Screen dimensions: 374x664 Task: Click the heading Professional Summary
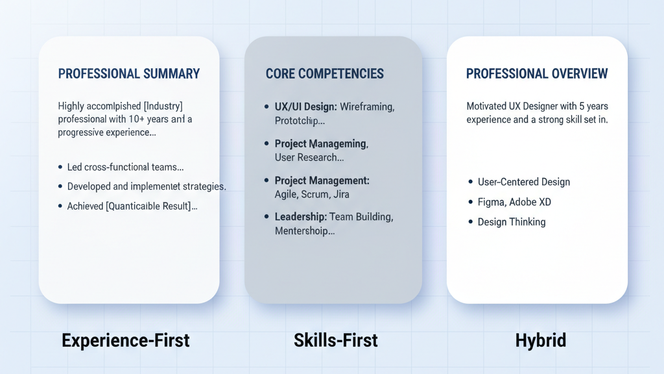(x=129, y=74)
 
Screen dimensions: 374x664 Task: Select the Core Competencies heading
(x=324, y=74)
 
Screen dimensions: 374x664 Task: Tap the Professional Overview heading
(x=537, y=74)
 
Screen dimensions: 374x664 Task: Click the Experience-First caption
(x=126, y=340)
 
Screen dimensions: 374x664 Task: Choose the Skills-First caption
(x=335, y=340)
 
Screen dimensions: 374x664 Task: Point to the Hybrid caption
(x=540, y=340)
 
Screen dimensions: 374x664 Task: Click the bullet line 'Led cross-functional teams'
(x=125, y=167)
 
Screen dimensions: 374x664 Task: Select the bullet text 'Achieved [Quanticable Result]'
(x=132, y=206)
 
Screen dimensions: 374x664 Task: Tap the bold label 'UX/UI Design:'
(x=305, y=106)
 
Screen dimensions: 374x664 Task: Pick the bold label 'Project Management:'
(x=322, y=181)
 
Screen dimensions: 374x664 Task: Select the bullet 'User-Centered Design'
(x=523, y=182)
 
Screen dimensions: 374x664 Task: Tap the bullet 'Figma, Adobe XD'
(x=514, y=202)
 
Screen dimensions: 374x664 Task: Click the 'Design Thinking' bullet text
(x=511, y=222)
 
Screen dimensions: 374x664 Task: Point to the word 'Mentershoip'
(x=304, y=231)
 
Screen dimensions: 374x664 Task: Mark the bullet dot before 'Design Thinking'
(x=471, y=222)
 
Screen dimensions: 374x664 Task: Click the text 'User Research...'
(x=309, y=157)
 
